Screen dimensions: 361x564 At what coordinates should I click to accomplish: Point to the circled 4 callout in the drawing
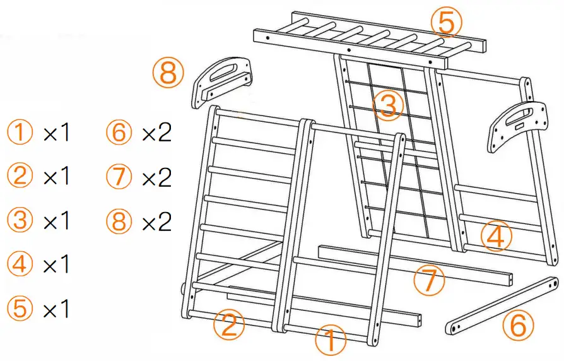click(495, 238)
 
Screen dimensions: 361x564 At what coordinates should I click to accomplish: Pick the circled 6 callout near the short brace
click(517, 326)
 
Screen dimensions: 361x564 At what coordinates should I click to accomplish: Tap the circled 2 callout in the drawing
click(228, 324)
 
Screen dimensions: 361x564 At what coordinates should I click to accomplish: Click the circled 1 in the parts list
click(21, 133)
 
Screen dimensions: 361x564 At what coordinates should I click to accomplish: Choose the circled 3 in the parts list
click(21, 221)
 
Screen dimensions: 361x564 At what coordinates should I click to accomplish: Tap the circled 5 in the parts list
click(21, 309)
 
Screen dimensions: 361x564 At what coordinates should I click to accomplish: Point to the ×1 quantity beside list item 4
click(57, 265)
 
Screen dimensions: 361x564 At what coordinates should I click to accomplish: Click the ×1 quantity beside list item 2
click(57, 177)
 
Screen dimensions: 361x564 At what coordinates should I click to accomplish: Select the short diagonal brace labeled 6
click(502, 305)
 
